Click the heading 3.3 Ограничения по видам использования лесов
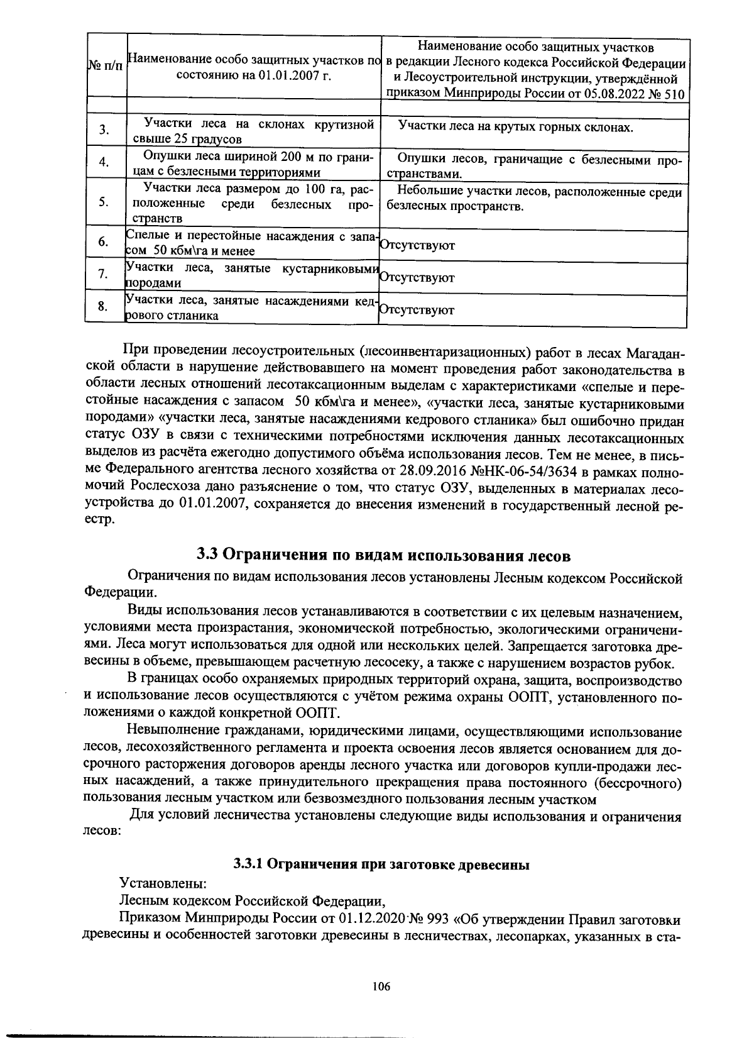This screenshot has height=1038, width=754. pyautogui.click(x=383, y=555)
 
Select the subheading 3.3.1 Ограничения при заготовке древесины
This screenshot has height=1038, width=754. pyautogui.click(x=382, y=864)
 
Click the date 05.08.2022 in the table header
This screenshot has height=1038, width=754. pyautogui.click(x=608, y=95)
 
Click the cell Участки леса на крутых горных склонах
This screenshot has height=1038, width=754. pyautogui.click(x=515, y=127)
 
